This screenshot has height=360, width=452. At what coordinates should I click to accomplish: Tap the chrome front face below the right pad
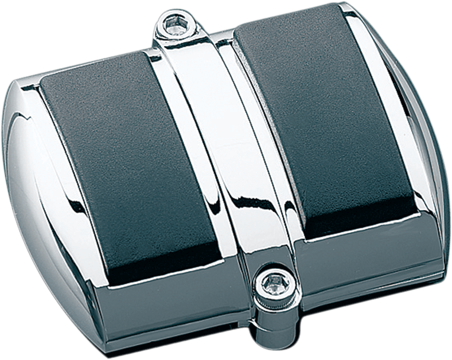tap(367, 275)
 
